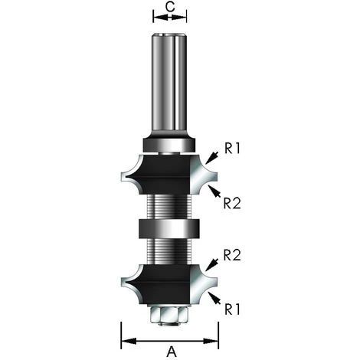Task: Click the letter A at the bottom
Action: pos(172,352)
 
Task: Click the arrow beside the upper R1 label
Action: pos(212,155)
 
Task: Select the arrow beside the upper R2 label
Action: pos(214,191)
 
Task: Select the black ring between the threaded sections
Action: pos(169,228)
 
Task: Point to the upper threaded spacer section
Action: pos(169,205)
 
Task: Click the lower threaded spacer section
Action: pos(169,250)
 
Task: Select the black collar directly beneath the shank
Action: pos(169,143)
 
